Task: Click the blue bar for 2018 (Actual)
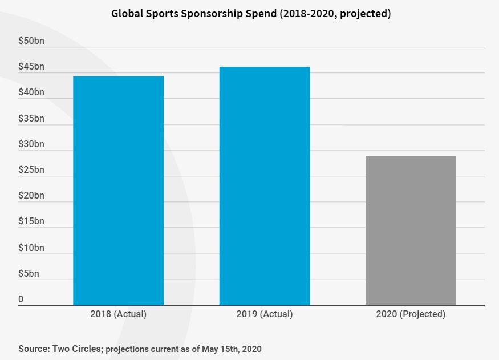(118, 191)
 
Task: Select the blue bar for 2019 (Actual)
(265, 186)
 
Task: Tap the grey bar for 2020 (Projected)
(411, 230)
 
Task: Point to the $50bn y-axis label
(31, 41)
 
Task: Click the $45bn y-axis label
(31, 67)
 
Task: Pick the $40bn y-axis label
(31, 92)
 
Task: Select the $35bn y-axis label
(31, 119)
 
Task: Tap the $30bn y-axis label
(31, 144)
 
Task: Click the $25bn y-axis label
(31, 170)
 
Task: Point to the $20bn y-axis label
(31, 196)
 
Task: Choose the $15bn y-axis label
(31, 221)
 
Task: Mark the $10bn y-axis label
(31, 248)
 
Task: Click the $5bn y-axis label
(29, 274)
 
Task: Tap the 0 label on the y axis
(21, 300)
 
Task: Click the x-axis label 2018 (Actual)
(118, 314)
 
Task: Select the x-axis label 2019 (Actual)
(265, 314)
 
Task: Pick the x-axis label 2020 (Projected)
(411, 314)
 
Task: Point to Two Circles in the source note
(78, 349)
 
